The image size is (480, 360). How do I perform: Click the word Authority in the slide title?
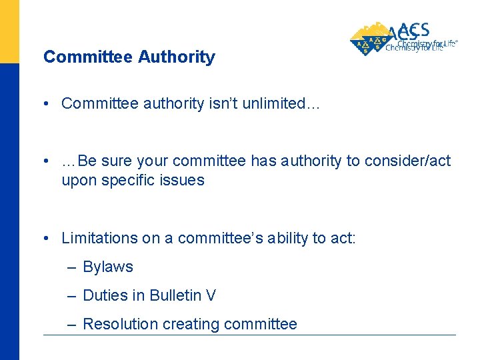[177, 57]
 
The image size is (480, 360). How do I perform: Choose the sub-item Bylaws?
[108, 267]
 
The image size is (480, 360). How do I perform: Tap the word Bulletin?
[174, 295]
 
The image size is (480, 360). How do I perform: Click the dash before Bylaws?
[72, 267]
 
